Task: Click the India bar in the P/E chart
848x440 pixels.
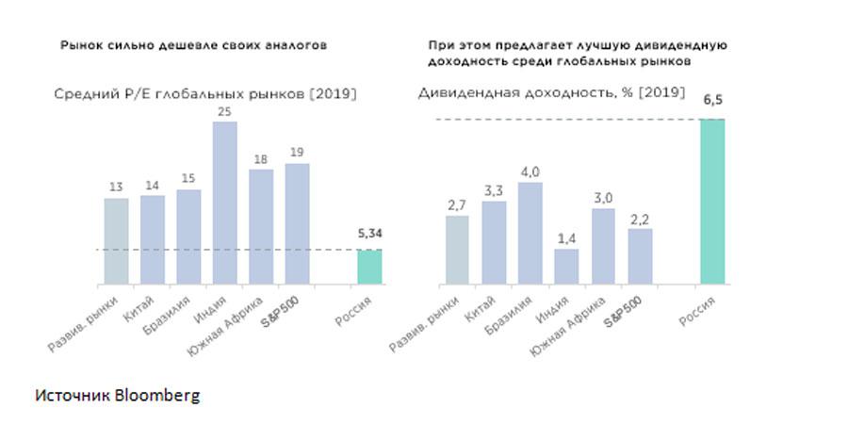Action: click(x=224, y=203)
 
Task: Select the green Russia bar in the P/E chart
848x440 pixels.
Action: click(x=368, y=267)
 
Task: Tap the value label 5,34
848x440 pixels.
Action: click(x=369, y=233)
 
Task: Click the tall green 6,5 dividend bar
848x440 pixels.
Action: click(x=712, y=202)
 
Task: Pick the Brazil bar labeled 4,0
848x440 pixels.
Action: click(x=530, y=233)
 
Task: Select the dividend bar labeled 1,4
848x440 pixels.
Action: click(x=566, y=266)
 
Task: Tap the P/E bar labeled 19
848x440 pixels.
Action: click(x=297, y=223)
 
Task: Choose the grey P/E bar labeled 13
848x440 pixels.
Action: click(x=116, y=240)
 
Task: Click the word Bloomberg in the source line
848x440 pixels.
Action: click(x=157, y=396)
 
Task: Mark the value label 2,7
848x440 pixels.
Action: click(x=457, y=204)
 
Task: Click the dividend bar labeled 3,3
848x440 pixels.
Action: click(x=494, y=242)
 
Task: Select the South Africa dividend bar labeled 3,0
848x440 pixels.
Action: click(x=603, y=246)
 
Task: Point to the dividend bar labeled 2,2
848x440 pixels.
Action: click(x=640, y=255)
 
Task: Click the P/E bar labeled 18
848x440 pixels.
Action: click(x=261, y=226)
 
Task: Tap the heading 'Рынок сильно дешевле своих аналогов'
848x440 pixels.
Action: click(x=194, y=44)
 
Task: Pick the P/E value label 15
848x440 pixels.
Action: click(x=188, y=179)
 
